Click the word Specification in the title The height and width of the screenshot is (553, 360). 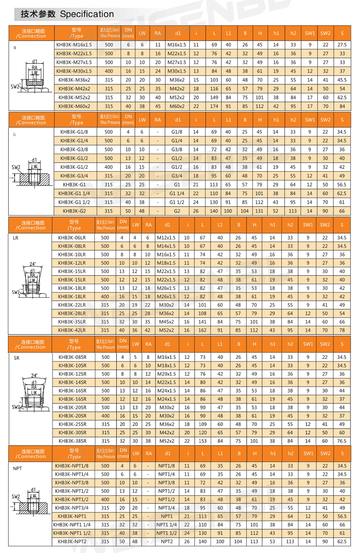point(87,14)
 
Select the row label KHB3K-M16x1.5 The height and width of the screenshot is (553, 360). point(74,44)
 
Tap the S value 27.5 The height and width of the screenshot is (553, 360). point(342,44)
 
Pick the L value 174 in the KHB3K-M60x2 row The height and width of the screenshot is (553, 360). point(214,106)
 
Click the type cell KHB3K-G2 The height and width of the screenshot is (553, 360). point(74,211)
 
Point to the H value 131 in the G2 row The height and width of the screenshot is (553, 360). point(259,211)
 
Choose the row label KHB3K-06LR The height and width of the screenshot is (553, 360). point(72,238)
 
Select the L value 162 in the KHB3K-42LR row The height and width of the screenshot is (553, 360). point(202,330)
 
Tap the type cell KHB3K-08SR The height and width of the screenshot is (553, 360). point(72,357)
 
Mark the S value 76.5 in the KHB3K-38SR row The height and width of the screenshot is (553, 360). point(342,441)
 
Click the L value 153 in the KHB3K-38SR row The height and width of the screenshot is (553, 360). point(203,441)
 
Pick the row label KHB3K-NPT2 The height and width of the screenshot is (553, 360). point(72,541)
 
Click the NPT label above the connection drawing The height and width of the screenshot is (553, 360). point(17,468)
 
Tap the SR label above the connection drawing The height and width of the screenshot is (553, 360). point(17,358)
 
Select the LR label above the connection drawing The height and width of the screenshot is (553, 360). point(16,238)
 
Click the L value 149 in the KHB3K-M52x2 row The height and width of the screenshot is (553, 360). point(214,97)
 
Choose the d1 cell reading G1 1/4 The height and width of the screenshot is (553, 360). point(177,193)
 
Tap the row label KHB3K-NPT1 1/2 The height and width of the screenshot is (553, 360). point(72,533)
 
